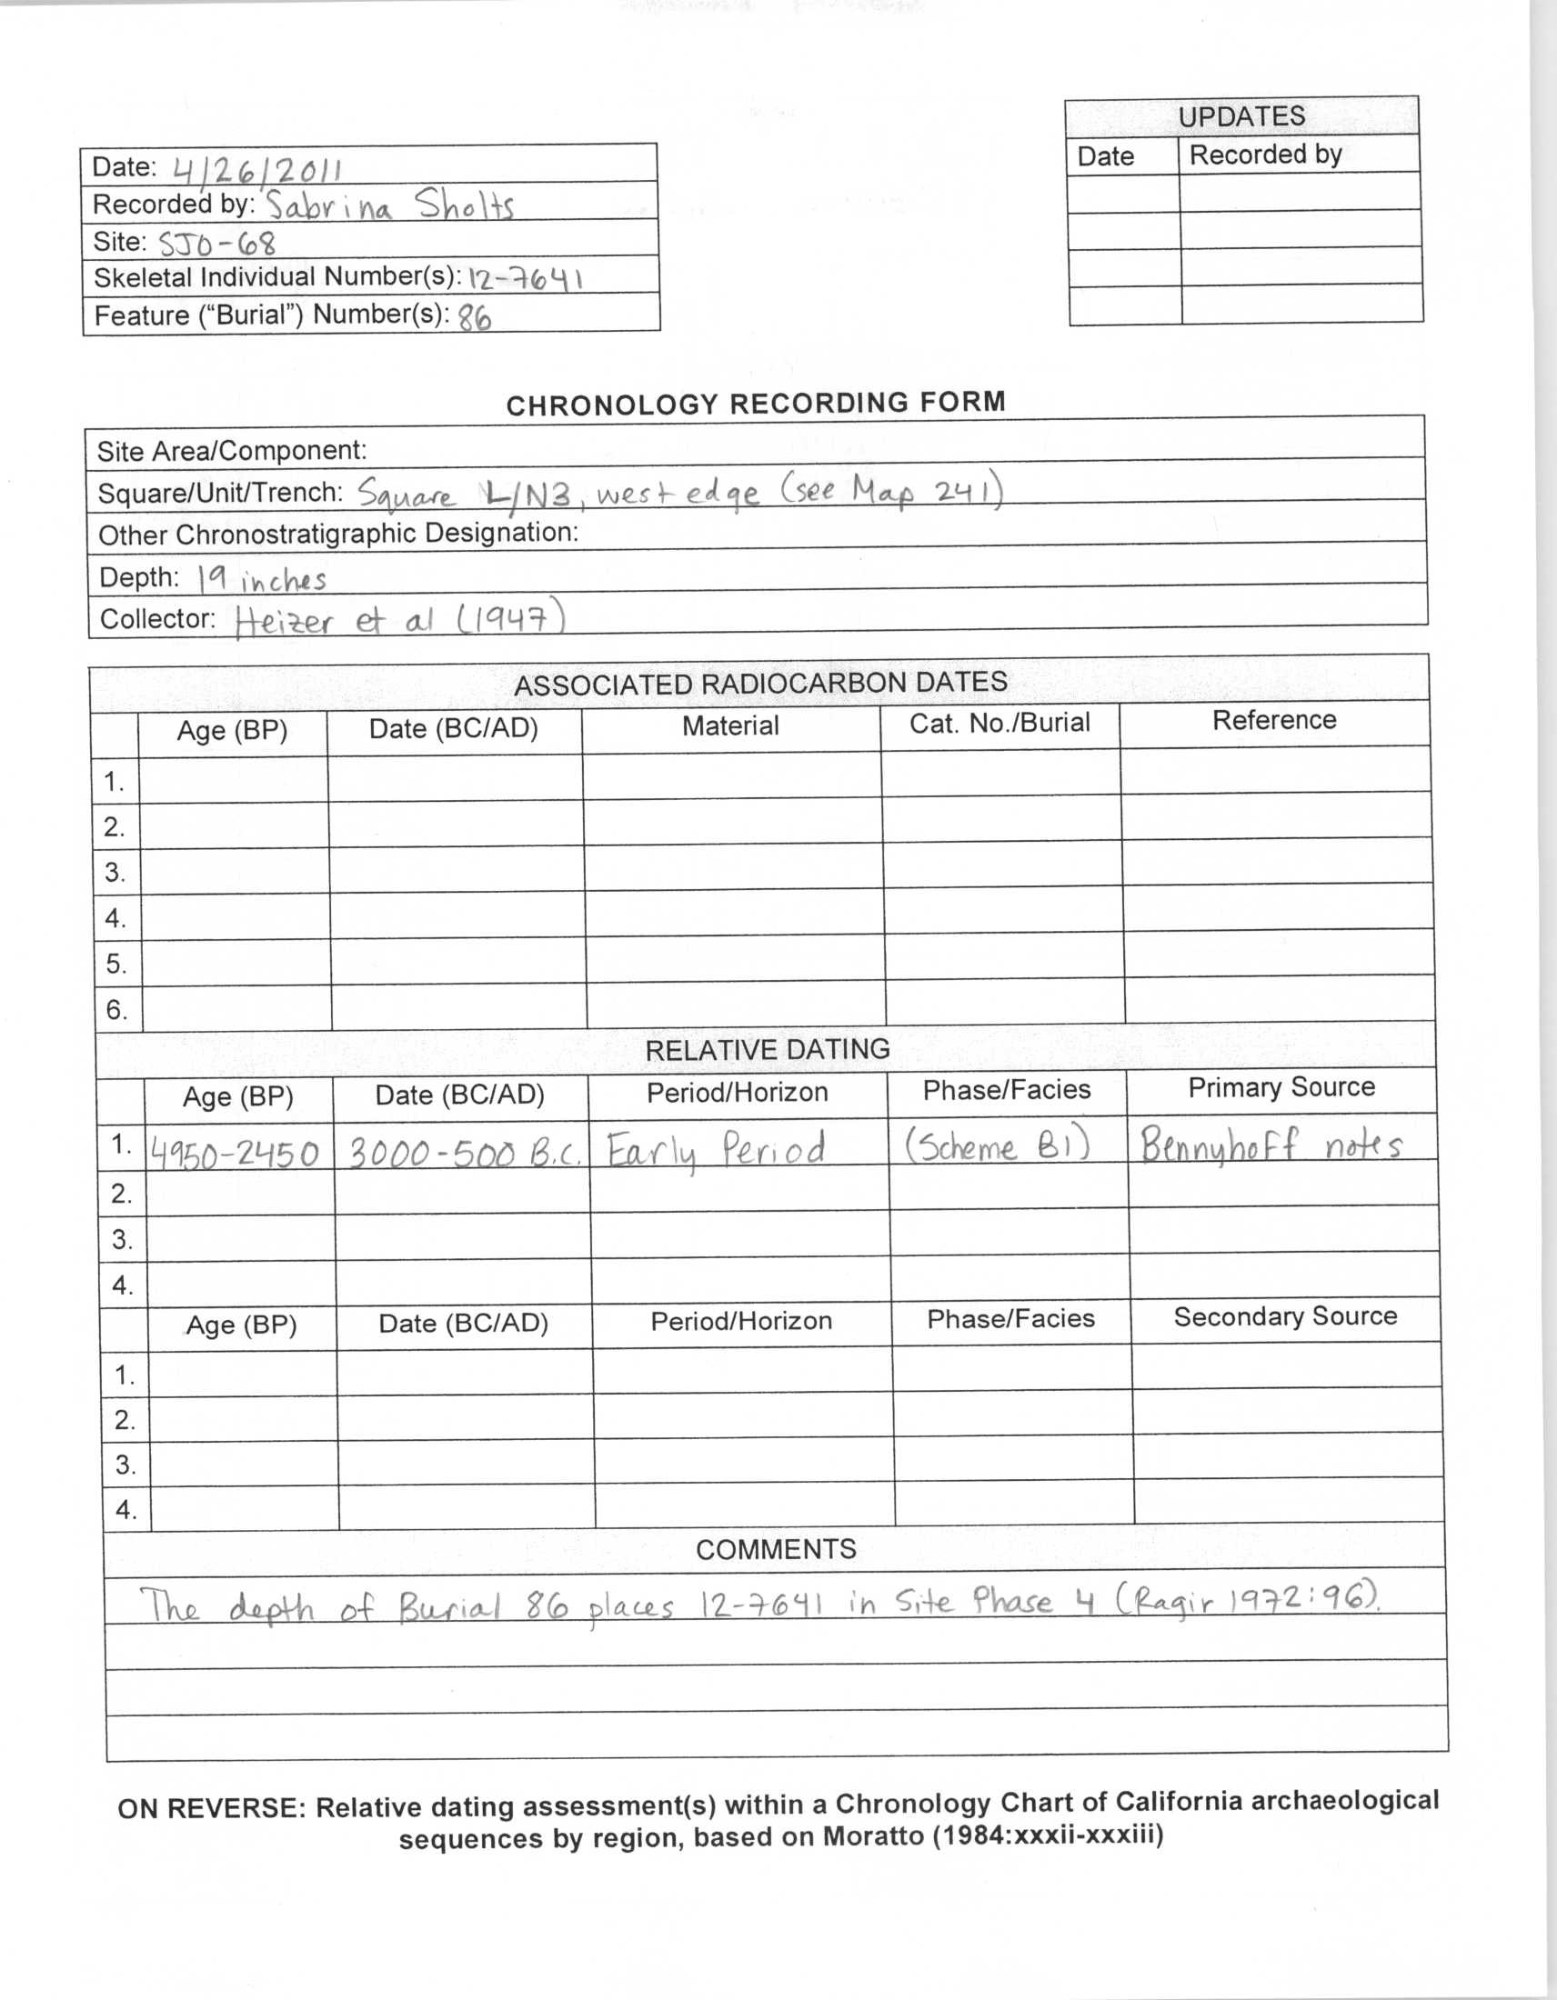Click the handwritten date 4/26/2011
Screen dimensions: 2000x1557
257,169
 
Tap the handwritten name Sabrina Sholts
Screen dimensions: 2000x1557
389,205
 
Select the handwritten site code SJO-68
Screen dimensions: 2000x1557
217,244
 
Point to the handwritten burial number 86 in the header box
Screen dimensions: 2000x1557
475,318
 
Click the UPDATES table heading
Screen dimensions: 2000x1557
1241,117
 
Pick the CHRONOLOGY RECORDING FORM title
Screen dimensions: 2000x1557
756,404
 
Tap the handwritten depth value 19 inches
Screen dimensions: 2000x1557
262,580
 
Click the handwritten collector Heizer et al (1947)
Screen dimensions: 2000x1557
399,622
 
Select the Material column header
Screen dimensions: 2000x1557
730,726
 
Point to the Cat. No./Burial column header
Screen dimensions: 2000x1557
999,724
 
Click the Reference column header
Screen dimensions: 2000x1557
1274,721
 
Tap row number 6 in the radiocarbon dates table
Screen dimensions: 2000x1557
116,1009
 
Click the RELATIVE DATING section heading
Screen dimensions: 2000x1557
767,1049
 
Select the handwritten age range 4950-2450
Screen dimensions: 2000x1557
236,1153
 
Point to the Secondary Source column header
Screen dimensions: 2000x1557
1285,1317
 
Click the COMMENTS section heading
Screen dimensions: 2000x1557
776,1549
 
